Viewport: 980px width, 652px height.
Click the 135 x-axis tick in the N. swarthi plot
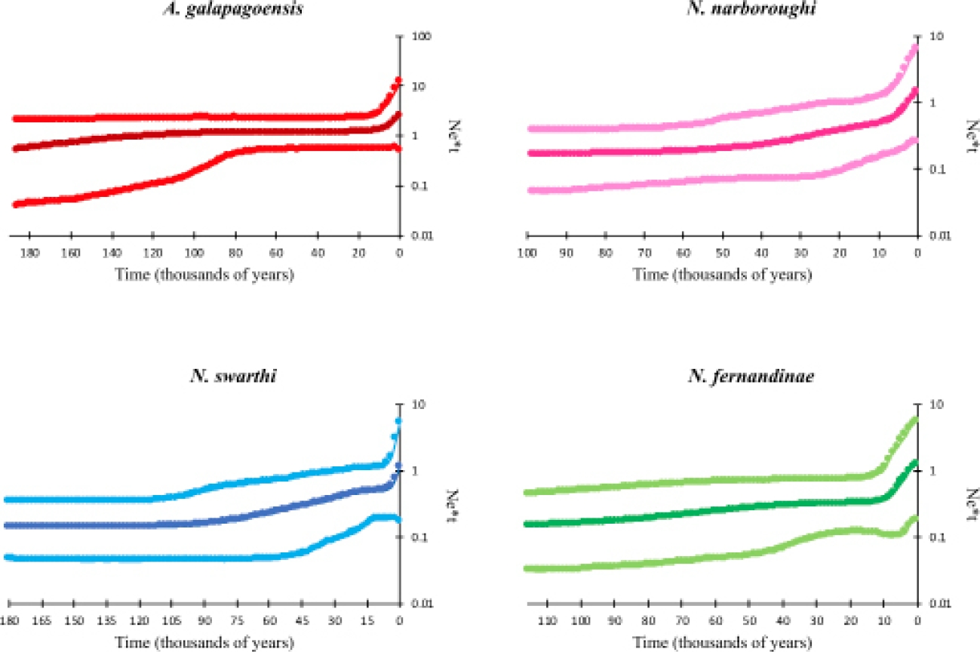tap(106, 621)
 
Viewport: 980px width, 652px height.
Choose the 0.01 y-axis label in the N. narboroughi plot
tap(935, 235)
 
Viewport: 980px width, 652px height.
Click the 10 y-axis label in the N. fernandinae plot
tap(934, 404)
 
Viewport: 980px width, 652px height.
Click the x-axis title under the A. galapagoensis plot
tap(204, 274)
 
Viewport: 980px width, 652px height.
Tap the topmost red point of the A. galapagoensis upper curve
tap(398, 79)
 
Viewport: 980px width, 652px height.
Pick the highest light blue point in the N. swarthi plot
tap(398, 421)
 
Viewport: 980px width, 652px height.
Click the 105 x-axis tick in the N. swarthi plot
tap(171, 621)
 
